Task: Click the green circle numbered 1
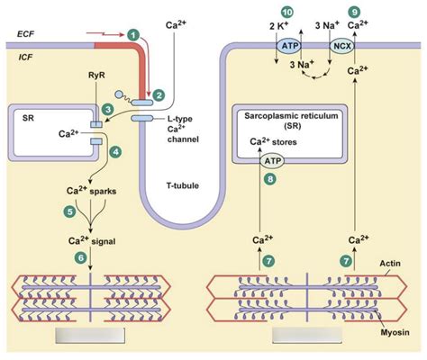pyautogui.click(x=133, y=34)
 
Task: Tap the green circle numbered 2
pyautogui.click(x=159, y=94)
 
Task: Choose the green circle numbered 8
pyautogui.click(x=268, y=179)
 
